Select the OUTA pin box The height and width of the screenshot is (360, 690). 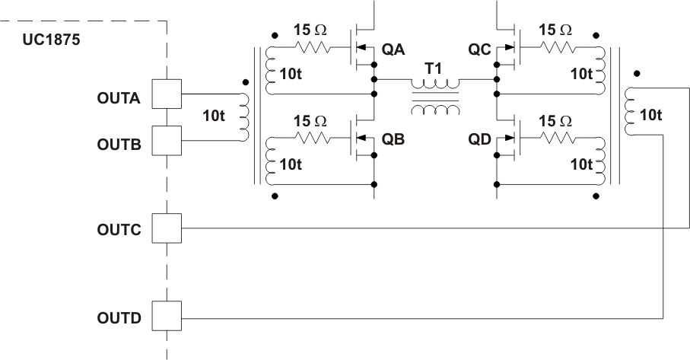point(166,94)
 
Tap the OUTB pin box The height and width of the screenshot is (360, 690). point(166,140)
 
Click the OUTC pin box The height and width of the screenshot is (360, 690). point(166,228)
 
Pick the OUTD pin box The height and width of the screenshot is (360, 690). point(166,316)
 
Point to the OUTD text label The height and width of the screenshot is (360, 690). point(119,317)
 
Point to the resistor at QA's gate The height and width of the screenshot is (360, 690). point(312,47)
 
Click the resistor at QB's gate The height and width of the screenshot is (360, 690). point(312,139)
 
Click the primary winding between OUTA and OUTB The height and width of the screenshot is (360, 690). point(243,117)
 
